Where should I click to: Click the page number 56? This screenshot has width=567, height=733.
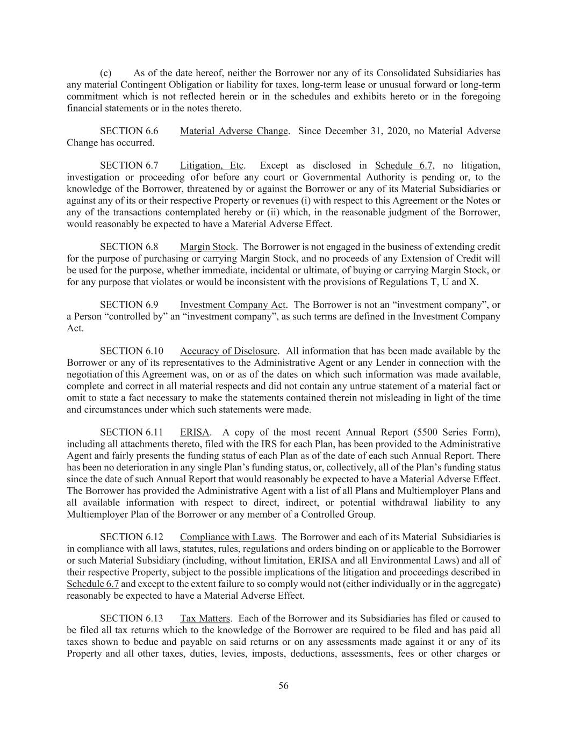[283, 686]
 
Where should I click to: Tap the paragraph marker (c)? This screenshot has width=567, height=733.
[105, 73]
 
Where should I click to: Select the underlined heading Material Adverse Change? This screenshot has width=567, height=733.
[234, 131]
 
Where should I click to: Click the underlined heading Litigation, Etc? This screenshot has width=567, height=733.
[212, 165]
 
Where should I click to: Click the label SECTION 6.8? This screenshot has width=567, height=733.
[129, 247]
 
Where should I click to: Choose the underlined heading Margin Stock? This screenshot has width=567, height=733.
[207, 247]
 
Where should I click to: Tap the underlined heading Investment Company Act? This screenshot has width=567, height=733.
[233, 305]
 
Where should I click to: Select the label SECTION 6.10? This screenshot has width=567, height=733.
[131, 351]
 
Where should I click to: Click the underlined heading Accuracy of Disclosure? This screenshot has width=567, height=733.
[228, 351]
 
